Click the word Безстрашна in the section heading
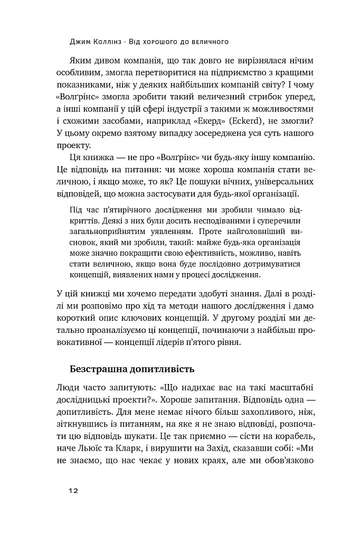[101, 368]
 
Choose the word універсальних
[285, 181]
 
